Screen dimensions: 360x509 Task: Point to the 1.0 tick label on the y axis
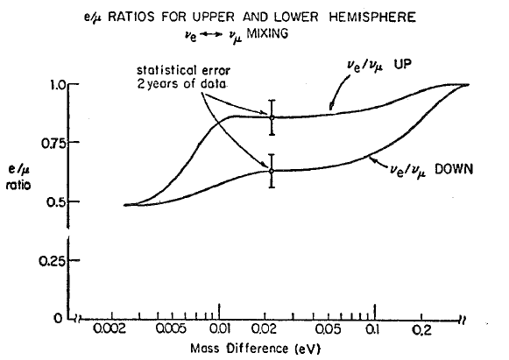coord(54,85)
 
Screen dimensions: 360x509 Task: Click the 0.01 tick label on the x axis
coord(220,335)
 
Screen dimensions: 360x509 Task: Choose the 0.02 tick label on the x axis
coord(272,335)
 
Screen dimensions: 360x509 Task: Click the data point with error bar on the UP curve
coord(272,116)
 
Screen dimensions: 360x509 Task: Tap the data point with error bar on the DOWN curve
coord(272,171)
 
